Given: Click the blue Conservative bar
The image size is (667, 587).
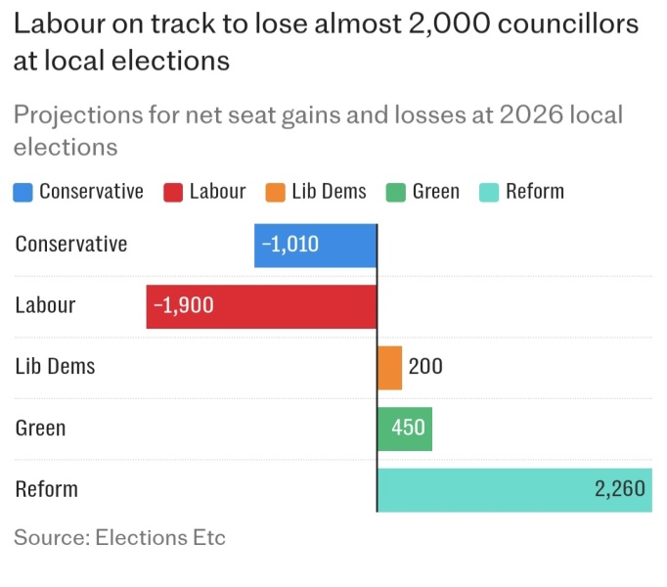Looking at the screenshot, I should click(x=315, y=246).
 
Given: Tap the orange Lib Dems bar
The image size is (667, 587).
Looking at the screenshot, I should click(x=389, y=368).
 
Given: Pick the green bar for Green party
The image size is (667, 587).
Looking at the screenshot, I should click(x=404, y=429).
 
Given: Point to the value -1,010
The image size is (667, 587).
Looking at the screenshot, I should click(x=289, y=245).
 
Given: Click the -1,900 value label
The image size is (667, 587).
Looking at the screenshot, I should click(x=183, y=306).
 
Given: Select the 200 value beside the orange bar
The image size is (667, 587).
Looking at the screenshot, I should click(x=425, y=368).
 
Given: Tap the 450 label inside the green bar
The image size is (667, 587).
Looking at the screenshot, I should click(x=408, y=429).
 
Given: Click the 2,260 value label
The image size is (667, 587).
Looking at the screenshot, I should click(x=620, y=489).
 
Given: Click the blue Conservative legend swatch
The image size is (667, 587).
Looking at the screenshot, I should click(x=23, y=192).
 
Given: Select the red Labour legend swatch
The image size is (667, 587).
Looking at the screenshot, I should click(x=173, y=192).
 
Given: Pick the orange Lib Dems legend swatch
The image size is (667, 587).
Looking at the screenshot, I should click(x=275, y=192).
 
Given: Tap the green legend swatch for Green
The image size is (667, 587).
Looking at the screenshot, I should click(x=396, y=192).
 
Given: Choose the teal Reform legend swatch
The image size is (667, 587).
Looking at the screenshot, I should click(x=489, y=192).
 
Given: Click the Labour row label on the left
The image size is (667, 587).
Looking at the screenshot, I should click(x=45, y=305).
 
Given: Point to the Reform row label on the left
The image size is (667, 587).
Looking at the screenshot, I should click(x=46, y=489).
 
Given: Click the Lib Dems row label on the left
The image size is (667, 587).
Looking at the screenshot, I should click(x=55, y=367).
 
